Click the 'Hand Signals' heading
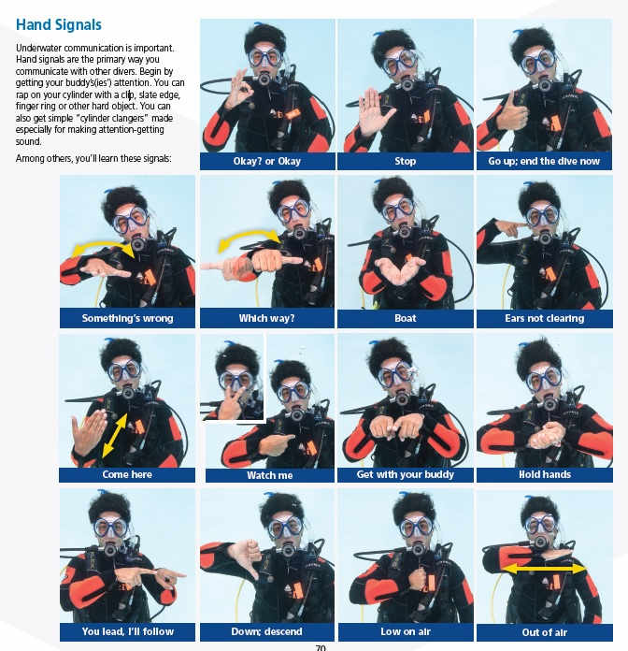coord(59,25)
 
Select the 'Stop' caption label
coord(405,161)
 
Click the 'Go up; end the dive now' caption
coord(544,161)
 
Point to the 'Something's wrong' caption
coord(127,318)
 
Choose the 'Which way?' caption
coord(266,318)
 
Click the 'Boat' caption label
coord(405,318)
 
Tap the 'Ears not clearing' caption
coord(544,318)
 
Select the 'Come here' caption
coord(127,474)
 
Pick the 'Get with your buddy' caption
coord(405,474)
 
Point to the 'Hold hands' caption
coord(544,474)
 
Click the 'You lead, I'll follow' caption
coord(127,631)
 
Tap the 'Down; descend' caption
coord(266,631)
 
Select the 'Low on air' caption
coord(405,631)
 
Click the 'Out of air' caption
coord(544,631)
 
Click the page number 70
coord(320,645)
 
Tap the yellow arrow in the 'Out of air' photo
coord(544,568)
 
